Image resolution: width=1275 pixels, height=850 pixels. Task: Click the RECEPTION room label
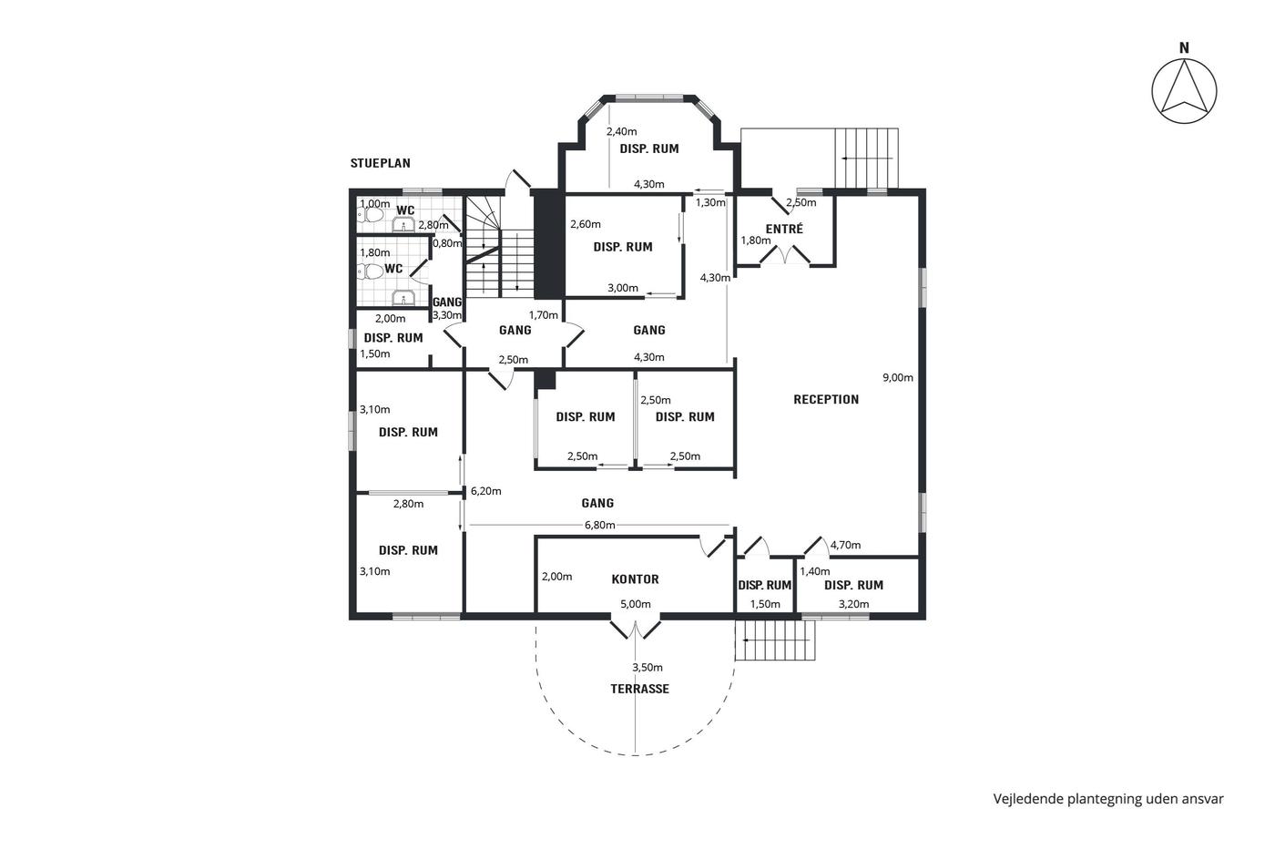click(826, 400)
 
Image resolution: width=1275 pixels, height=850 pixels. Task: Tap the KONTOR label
click(636, 579)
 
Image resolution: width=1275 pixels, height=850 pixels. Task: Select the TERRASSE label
click(639, 689)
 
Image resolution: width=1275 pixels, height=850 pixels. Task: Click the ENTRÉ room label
click(784, 229)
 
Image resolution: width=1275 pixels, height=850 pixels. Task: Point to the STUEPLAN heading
click(381, 163)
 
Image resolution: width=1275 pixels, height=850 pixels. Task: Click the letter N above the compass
click(1184, 48)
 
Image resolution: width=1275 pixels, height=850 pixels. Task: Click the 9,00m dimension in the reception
click(898, 377)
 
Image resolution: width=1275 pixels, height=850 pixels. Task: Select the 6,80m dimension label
click(600, 525)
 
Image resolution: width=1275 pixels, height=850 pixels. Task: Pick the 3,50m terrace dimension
click(648, 667)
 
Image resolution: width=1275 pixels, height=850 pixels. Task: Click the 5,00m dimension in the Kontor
click(636, 604)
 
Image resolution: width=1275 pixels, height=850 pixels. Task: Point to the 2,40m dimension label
click(621, 131)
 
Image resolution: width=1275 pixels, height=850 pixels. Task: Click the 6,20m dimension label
click(486, 491)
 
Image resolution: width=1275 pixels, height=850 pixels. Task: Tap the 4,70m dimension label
click(845, 545)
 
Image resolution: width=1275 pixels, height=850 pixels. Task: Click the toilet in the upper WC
click(371, 215)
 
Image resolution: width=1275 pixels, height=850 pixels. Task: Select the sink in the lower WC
click(403, 298)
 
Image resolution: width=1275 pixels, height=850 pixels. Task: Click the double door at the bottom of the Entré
click(785, 254)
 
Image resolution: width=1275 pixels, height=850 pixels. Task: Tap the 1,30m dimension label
click(710, 202)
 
